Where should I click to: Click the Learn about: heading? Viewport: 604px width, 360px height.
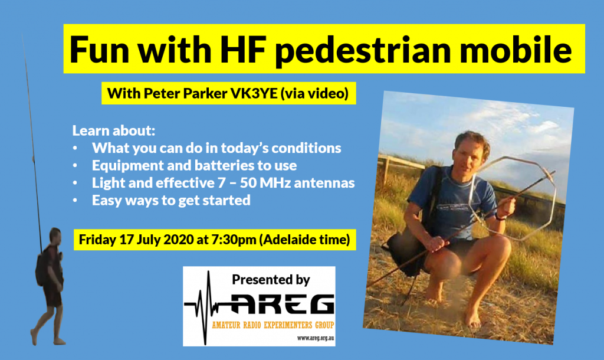pos(114,130)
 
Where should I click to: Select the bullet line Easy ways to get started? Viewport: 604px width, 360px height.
pos(171,201)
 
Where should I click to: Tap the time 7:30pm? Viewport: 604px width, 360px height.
pos(234,240)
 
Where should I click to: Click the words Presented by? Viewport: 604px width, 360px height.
pos(271,280)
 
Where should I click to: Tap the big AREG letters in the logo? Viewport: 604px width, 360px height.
pos(282,304)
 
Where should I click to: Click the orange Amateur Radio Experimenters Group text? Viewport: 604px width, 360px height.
pos(273,325)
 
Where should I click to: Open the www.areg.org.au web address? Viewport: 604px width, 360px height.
pos(316,338)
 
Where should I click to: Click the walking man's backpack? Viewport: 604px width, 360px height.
pos(41,268)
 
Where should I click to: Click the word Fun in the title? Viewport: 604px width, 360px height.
pos(99,50)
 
